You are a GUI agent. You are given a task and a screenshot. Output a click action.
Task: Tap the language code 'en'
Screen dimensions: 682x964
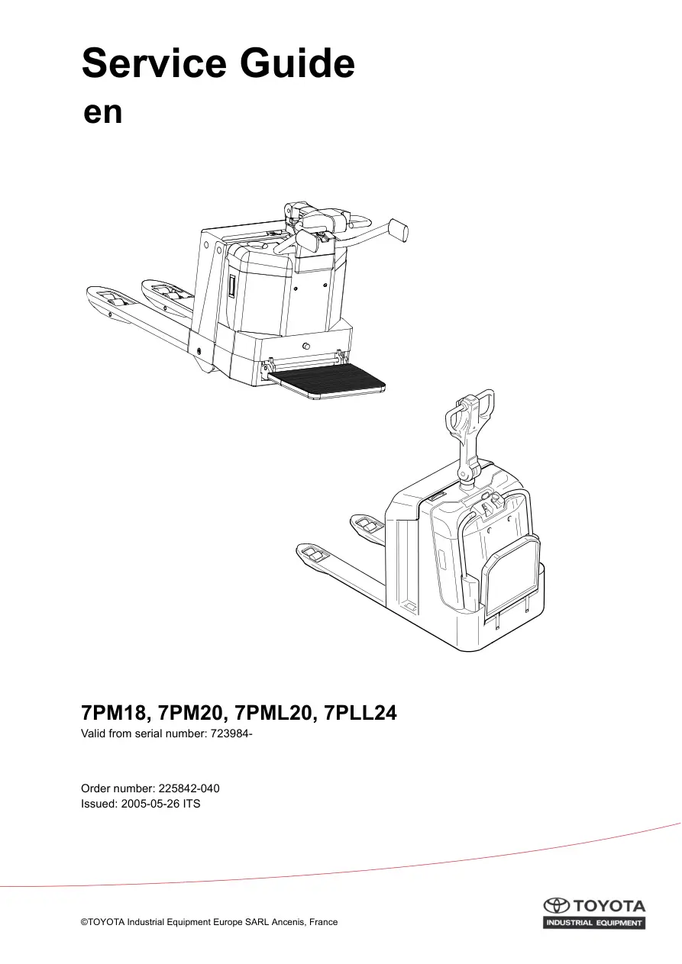pos(103,113)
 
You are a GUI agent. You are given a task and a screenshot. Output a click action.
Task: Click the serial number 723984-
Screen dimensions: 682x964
pos(231,734)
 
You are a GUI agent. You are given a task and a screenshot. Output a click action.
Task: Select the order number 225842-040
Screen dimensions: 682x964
pos(189,788)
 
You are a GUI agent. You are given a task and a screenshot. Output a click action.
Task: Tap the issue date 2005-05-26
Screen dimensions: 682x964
pos(150,804)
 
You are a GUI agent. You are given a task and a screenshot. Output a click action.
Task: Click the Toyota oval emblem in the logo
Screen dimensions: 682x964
pos(556,906)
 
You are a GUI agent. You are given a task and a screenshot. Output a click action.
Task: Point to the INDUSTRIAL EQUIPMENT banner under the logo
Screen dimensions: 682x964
pos(594,923)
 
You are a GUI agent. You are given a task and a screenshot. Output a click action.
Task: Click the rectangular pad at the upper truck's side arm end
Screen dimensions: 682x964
pos(398,231)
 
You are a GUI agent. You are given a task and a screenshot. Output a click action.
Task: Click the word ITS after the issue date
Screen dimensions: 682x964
pos(192,804)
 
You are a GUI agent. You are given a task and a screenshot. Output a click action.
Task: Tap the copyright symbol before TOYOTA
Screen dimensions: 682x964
pos(84,923)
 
